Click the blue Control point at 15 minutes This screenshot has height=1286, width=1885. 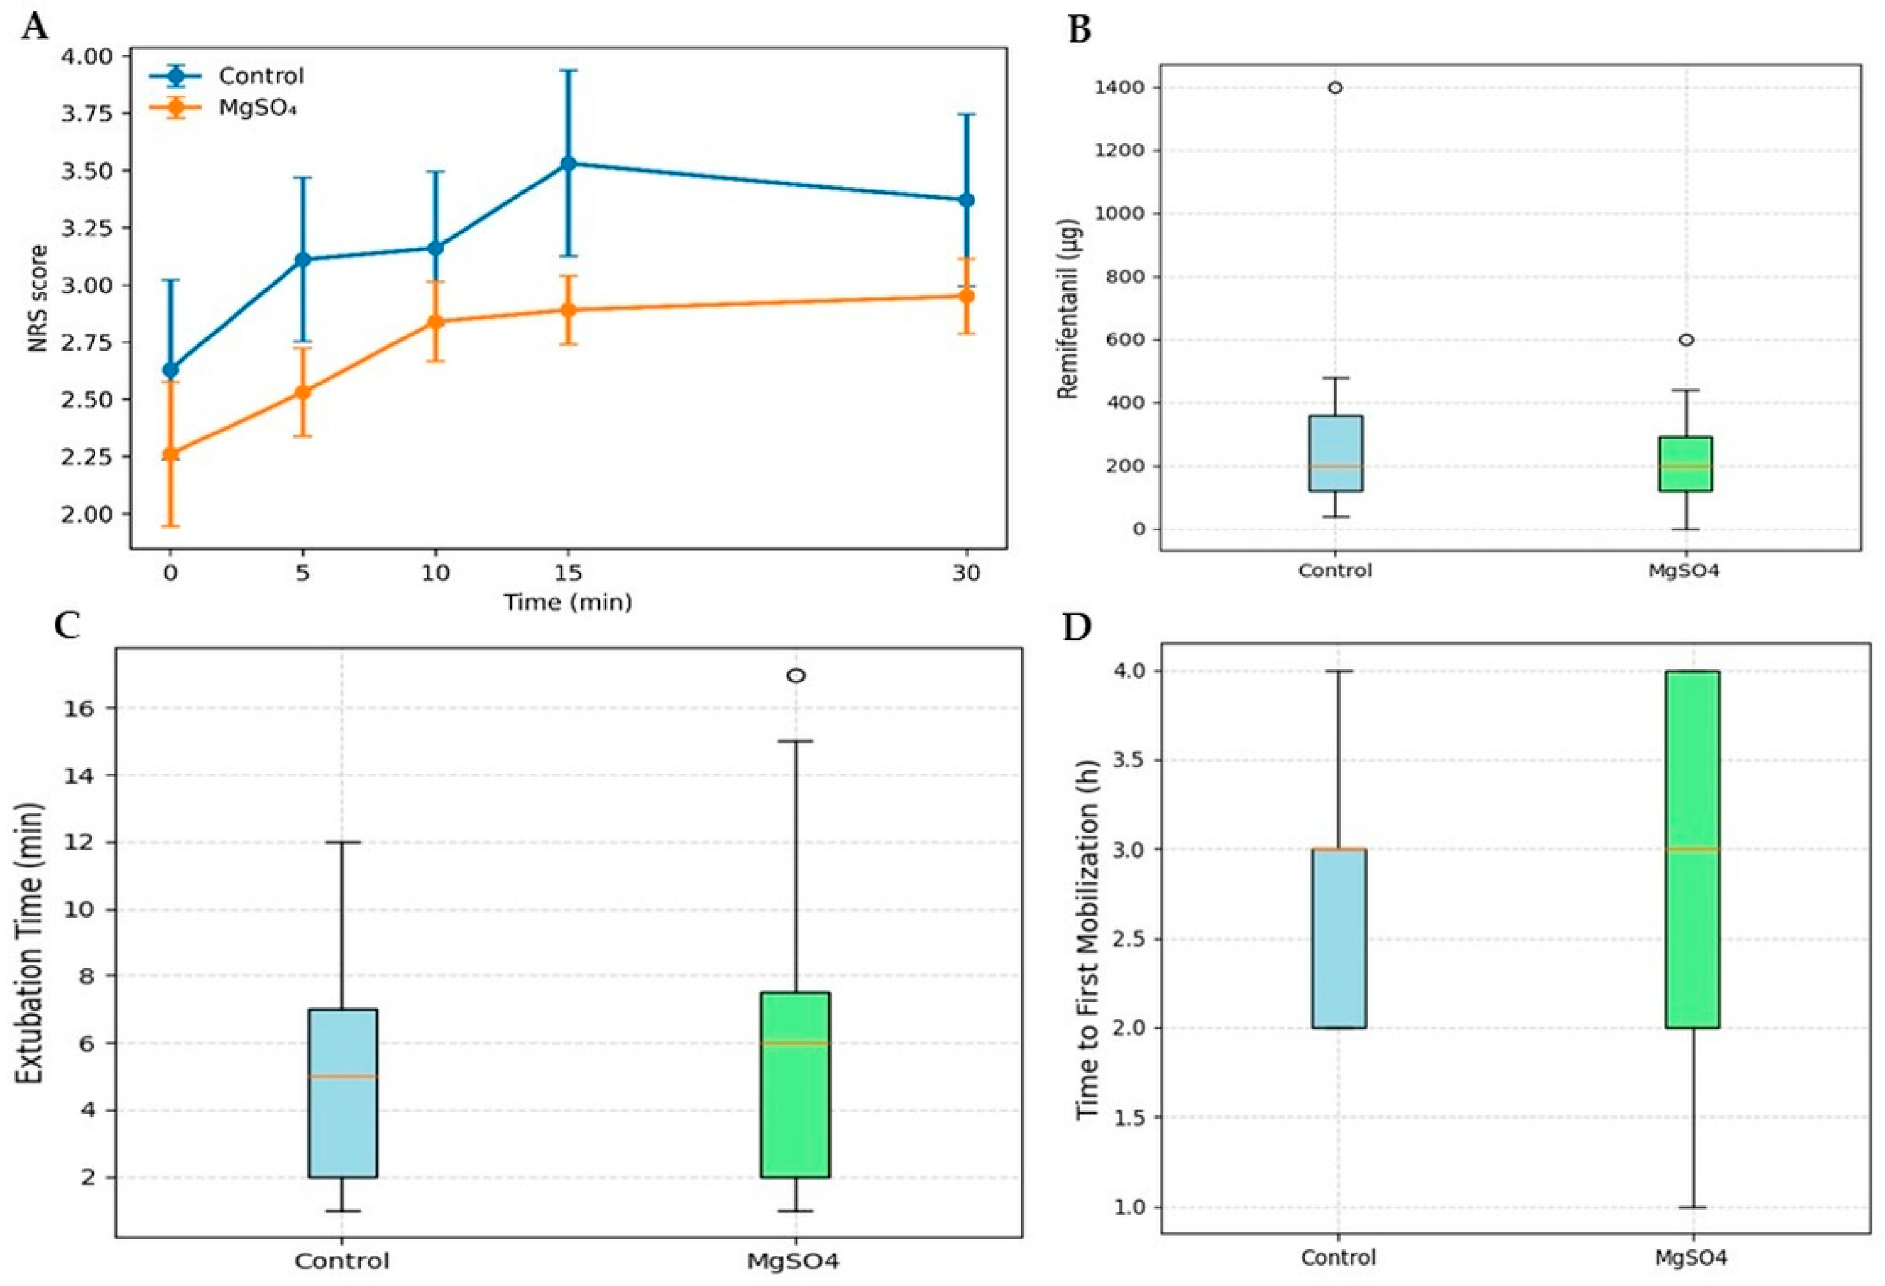569,163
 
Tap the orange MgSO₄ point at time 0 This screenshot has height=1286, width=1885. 171,454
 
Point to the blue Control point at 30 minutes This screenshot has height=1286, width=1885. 966,200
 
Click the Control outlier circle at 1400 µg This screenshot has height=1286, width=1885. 1335,87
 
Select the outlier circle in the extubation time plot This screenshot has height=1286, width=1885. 797,675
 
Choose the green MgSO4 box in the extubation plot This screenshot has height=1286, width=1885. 796,1085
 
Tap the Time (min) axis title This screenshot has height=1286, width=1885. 568,602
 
